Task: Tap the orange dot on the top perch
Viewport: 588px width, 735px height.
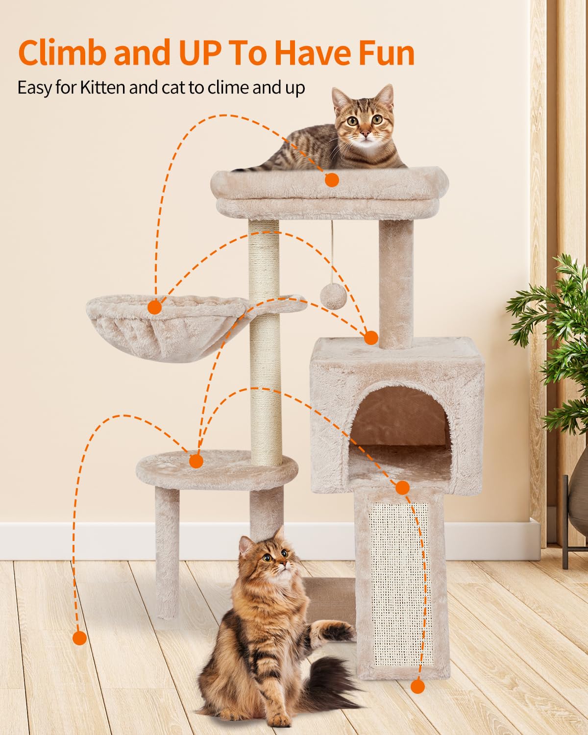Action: [332, 180]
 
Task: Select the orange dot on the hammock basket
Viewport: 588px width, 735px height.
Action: [155, 307]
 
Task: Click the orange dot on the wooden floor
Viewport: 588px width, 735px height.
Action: [79, 638]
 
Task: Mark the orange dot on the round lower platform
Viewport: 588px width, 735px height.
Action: [196, 461]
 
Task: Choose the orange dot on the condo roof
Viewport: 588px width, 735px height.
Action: [371, 338]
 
